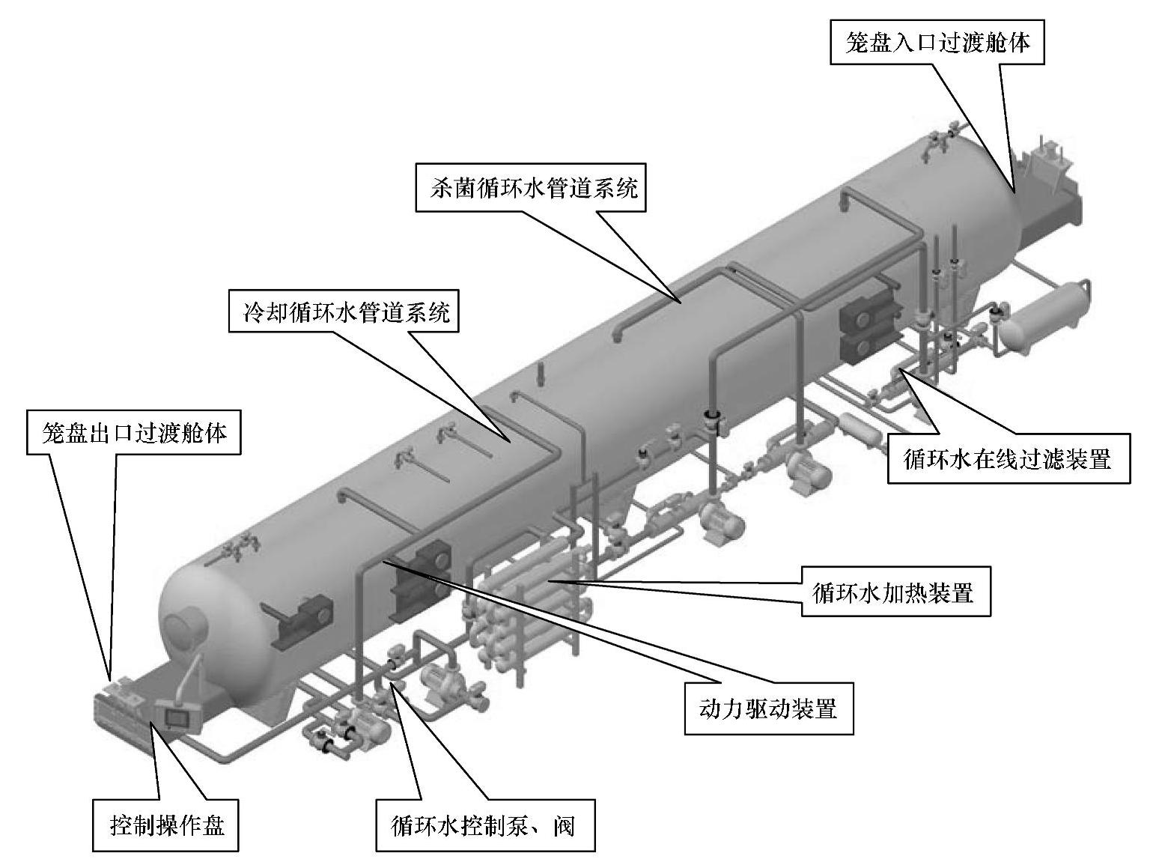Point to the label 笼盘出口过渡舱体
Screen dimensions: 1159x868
(135, 432)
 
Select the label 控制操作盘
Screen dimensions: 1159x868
(166, 827)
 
